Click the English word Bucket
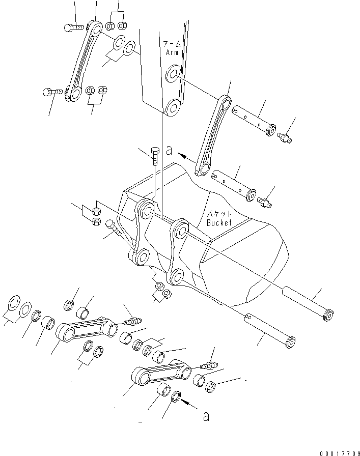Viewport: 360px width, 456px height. point(220,222)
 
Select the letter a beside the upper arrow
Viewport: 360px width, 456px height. point(169,151)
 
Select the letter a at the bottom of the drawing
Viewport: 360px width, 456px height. point(206,417)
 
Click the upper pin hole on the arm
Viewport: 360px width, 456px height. point(172,74)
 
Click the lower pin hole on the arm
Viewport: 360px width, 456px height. point(171,107)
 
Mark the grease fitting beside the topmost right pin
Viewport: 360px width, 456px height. point(284,137)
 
